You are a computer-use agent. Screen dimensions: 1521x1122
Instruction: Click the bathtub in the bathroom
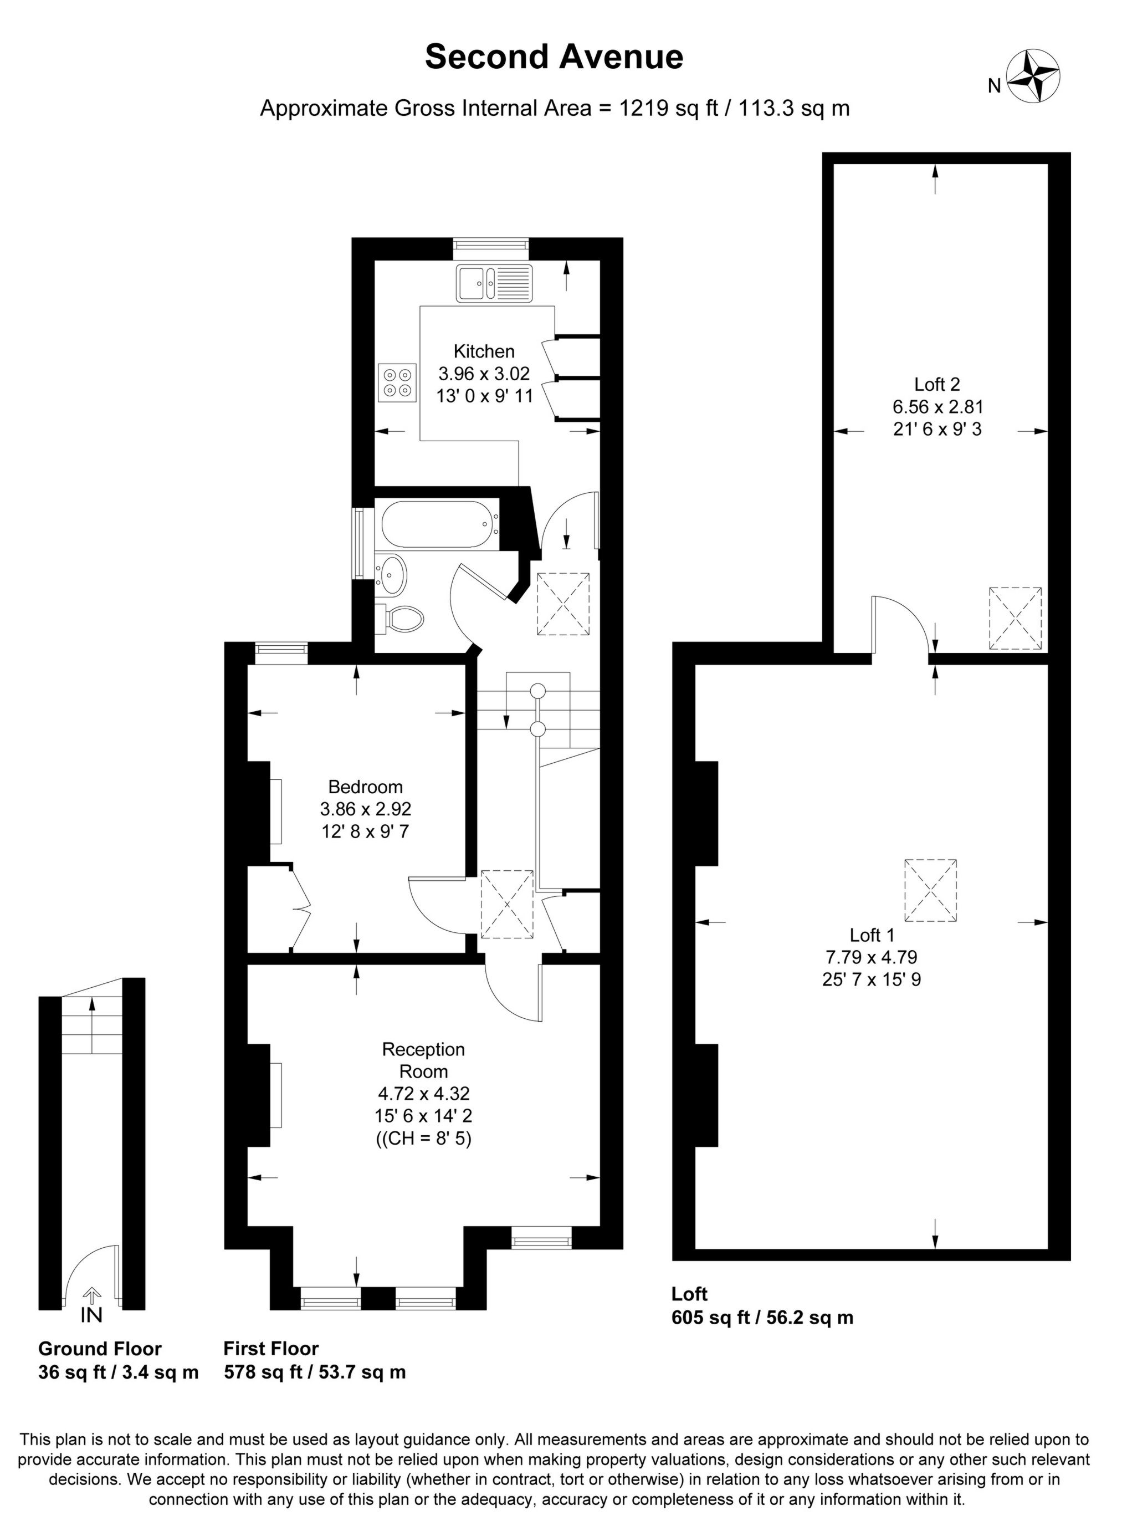[x=437, y=524]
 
